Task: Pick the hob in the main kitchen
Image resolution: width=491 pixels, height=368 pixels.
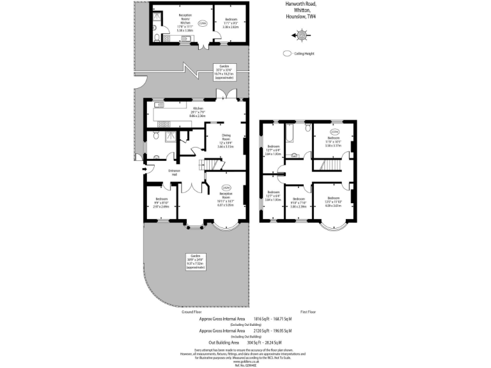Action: (x=159, y=123)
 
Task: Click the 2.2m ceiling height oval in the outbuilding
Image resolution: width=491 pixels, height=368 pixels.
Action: (x=203, y=24)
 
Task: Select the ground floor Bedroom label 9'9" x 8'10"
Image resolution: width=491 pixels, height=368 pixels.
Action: (x=160, y=202)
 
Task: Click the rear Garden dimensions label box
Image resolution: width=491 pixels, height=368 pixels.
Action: (x=224, y=71)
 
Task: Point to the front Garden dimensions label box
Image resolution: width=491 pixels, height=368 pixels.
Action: (x=194, y=261)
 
